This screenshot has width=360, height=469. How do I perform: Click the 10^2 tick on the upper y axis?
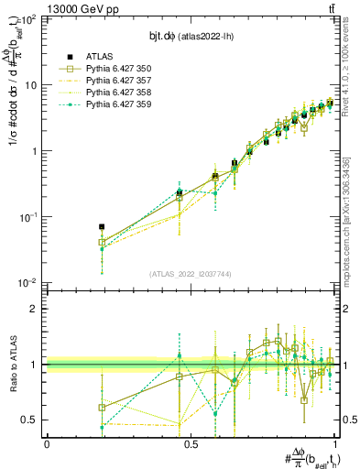29,19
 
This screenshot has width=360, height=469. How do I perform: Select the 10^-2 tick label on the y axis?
29,283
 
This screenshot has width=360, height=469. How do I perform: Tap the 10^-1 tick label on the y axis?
29,217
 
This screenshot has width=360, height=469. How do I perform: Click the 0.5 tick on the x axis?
191,443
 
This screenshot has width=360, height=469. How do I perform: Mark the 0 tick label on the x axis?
47,443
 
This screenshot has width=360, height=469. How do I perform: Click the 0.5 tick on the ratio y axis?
31,420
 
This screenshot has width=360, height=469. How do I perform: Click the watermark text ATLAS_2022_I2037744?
191,274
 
